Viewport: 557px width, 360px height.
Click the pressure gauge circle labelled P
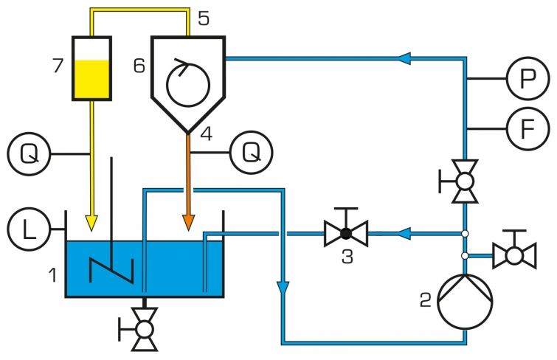click(x=528, y=78)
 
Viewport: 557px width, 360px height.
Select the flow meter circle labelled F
click(x=528, y=128)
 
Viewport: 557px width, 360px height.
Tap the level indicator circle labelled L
click(x=29, y=229)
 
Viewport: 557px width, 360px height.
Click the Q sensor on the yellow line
click(x=29, y=154)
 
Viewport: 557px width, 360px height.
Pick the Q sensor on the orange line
click(x=252, y=153)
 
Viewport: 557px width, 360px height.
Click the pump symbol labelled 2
click(x=465, y=302)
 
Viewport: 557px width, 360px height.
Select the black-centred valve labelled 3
click(x=346, y=234)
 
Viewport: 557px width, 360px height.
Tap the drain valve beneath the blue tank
click(x=144, y=330)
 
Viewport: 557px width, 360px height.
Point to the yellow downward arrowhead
click(x=91, y=223)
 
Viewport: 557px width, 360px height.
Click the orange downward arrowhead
click(x=188, y=223)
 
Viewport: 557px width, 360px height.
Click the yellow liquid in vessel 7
click(x=92, y=80)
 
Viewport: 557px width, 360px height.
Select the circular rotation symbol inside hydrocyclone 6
click(x=188, y=84)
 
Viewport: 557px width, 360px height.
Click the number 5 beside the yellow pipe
click(x=204, y=18)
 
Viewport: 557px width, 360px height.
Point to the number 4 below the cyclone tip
click(x=207, y=134)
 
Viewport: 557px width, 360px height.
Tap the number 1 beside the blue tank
click(x=53, y=275)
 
